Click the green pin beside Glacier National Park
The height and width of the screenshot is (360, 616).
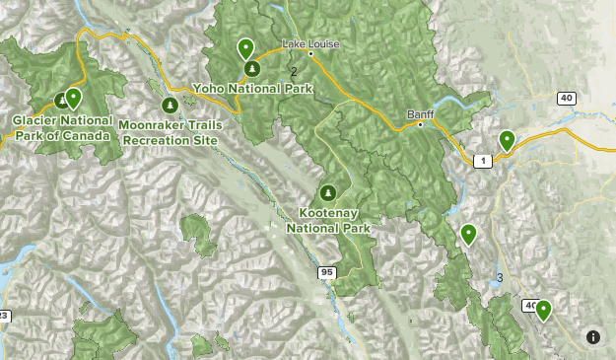[73, 98]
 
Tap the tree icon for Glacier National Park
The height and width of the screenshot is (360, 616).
[61, 100]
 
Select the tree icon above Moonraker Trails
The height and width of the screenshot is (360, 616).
[169, 106]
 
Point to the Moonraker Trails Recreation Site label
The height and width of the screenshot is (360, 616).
[169, 132]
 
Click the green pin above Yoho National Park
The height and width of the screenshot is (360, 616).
[245, 47]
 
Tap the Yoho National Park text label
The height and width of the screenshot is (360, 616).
[253, 89]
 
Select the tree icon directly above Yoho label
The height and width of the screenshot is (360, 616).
[252, 69]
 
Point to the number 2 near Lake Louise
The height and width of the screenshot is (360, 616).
[294, 71]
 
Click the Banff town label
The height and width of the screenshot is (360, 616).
[420, 114]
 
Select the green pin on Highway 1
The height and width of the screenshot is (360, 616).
[507, 141]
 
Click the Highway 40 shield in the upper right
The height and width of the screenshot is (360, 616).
[566, 97]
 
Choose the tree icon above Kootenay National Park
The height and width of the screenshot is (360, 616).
[328, 191]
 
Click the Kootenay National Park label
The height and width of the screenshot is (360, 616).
[328, 219]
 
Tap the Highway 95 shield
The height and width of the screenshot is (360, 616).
[326, 271]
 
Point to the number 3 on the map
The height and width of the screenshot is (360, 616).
[500, 278]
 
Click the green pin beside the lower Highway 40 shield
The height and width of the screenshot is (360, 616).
[542, 311]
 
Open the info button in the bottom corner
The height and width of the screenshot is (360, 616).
[593, 337]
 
